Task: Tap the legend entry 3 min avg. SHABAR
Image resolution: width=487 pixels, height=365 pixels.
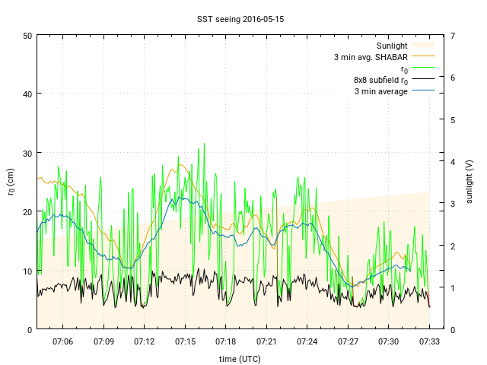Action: (371, 57)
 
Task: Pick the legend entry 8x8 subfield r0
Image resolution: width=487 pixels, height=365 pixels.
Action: (380, 80)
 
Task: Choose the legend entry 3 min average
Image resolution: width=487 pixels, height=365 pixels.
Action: (381, 91)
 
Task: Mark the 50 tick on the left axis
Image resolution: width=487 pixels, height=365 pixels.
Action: (27, 36)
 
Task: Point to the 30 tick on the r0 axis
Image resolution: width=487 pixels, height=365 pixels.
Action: (27, 153)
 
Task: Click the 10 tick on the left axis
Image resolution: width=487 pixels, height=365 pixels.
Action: (27, 271)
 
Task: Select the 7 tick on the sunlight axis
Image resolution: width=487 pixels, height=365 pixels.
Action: (453, 36)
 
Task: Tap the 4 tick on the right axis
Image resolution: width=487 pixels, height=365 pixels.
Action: (453, 161)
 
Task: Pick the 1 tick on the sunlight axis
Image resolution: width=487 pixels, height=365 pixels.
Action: (453, 287)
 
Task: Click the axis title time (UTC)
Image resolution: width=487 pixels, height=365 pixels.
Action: (240, 358)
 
